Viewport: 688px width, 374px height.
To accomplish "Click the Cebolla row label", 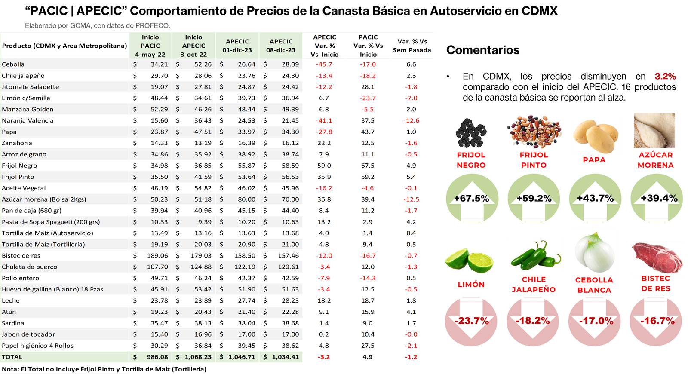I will [13, 64].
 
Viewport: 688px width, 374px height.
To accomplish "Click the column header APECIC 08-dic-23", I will [281, 46].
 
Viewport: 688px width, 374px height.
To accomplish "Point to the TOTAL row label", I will [12, 357].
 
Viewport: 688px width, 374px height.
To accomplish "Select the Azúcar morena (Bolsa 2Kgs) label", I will [44, 199].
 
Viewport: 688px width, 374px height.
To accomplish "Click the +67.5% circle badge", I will [472, 198].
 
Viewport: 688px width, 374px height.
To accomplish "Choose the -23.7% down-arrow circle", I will [472, 321].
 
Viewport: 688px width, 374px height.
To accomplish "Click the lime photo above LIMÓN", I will [469, 261].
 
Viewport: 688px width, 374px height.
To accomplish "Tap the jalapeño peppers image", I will [534, 255].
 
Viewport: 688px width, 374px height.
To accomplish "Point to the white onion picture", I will [595, 251].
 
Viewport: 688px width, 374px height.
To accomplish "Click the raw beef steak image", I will [657, 258].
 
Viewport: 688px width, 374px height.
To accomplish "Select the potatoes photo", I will [596, 136].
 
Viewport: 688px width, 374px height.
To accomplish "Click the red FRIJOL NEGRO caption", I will [471, 160].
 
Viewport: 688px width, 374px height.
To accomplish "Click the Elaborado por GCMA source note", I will [97, 26].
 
